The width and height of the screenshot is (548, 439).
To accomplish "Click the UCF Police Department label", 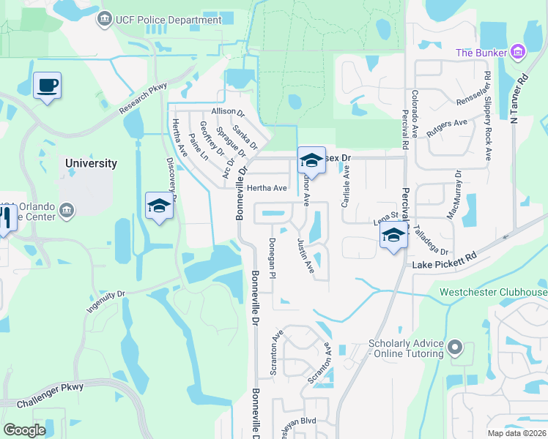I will (x=168, y=20).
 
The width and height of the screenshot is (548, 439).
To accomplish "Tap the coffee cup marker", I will (x=47, y=86).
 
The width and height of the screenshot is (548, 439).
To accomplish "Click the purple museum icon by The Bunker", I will (x=518, y=52).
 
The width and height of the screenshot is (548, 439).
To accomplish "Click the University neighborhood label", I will (x=91, y=163).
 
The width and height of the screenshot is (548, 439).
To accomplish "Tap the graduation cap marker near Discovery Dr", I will (x=158, y=206).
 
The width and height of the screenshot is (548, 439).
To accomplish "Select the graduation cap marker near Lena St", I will (x=393, y=236).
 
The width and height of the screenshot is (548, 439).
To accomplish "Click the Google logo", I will (x=24, y=430).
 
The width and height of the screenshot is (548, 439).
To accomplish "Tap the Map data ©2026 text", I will (x=516, y=433).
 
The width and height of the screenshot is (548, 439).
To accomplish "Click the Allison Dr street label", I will (x=227, y=112).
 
